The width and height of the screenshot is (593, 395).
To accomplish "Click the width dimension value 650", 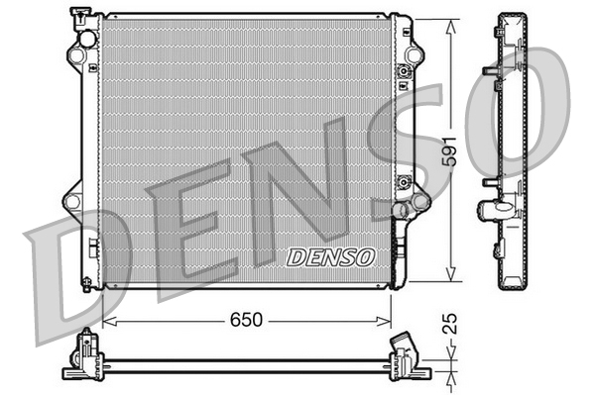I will pyautogui.click(x=247, y=319).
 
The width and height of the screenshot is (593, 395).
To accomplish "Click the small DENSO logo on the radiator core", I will pyautogui.click(x=331, y=256).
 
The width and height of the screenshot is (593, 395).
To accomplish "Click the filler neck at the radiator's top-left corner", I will pyautogui.click(x=78, y=16).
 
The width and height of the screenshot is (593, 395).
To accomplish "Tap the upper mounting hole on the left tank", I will pyautogui.click(x=87, y=40).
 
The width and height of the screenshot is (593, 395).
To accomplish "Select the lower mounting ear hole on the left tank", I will pyautogui.click(x=71, y=201).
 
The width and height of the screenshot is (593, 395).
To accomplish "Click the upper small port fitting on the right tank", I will pyautogui.click(x=404, y=71).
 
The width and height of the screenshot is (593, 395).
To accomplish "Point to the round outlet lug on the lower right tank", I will pyautogui.click(x=401, y=209).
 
